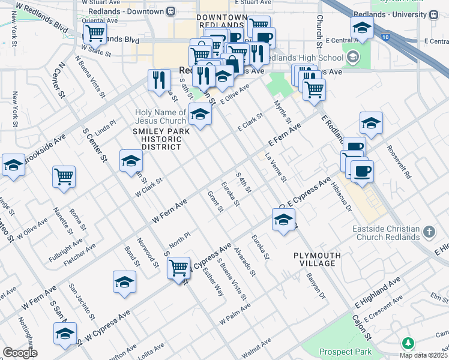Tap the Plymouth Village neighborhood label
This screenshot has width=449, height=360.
[x=317, y=260]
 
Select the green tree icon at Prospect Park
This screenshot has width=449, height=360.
[x=408, y=343]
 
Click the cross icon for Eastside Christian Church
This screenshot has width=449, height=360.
[x=429, y=231]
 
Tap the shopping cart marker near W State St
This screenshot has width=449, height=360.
[x=95, y=34]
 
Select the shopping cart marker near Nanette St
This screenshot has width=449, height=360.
[x=64, y=176]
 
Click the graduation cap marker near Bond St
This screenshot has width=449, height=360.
[x=124, y=282]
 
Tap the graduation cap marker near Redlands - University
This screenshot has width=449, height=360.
[x=362, y=27]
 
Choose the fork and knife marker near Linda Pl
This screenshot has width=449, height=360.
[x=159, y=80]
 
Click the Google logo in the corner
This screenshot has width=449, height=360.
[x=20, y=353]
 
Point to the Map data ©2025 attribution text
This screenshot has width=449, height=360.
[x=424, y=355]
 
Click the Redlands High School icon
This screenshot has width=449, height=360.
[x=353, y=58]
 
